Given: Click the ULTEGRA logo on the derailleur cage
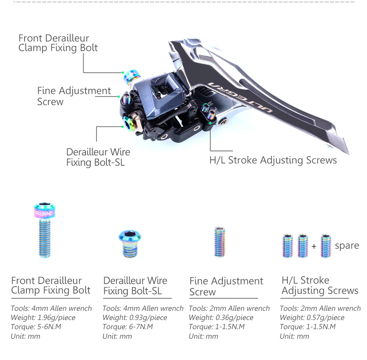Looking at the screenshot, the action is (x=240, y=97).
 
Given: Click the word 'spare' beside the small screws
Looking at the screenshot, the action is (x=347, y=246).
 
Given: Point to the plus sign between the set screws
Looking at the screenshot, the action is (x=314, y=246).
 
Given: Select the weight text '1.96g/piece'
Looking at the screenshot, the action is (x=57, y=318).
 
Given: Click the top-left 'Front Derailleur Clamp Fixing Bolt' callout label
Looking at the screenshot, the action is (x=58, y=43).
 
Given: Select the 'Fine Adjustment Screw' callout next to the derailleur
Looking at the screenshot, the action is (x=74, y=96).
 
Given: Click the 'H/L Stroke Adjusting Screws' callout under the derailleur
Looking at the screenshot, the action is (x=273, y=161).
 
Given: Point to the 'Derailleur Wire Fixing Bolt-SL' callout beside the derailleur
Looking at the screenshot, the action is (x=98, y=157).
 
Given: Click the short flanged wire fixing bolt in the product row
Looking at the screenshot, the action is (x=130, y=244).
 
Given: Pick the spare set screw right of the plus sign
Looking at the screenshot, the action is (x=326, y=246).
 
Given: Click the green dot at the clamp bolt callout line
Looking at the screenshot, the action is (x=123, y=73).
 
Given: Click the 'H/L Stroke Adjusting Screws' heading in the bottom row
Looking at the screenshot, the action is (x=320, y=285).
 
